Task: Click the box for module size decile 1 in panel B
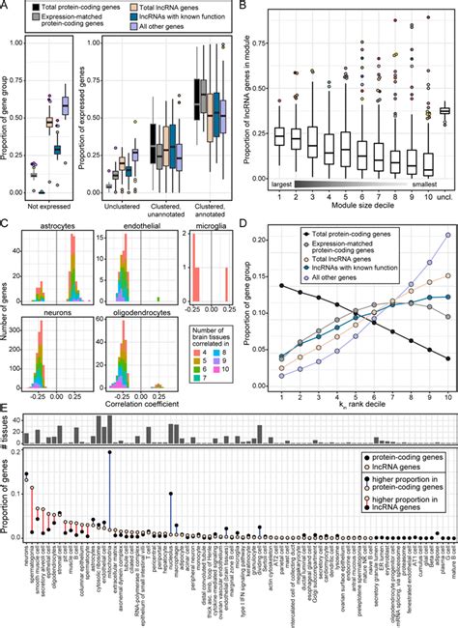click(x=253, y=136)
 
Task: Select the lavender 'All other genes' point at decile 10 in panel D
click(x=420, y=235)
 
